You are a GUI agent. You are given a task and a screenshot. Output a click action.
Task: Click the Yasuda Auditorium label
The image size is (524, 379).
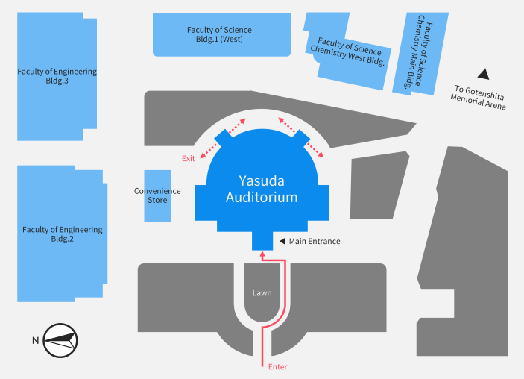(x=262, y=189)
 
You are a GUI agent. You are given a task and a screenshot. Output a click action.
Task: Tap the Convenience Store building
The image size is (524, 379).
(x=158, y=195)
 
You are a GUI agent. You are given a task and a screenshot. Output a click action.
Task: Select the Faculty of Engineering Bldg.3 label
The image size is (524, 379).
(x=57, y=76)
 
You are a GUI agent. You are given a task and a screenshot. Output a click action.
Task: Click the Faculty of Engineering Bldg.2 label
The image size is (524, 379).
(x=63, y=234)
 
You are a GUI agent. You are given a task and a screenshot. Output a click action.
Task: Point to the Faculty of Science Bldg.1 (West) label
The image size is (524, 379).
(x=219, y=34)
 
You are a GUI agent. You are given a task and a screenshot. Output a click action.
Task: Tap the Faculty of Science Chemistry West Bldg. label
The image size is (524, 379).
(x=347, y=51)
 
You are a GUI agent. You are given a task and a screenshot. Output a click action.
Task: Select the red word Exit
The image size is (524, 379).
(x=188, y=159)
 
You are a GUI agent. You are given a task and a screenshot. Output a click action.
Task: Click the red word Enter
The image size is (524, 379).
(x=278, y=367)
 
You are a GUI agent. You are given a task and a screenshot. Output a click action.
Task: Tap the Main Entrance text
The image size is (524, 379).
(x=315, y=241)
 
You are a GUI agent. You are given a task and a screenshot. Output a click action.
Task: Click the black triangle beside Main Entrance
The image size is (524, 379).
(x=282, y=241)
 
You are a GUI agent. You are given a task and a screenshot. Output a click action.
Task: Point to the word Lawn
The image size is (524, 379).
(x=262, y=293)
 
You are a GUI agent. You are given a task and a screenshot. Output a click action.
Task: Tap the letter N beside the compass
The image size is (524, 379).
(x=36, y=340)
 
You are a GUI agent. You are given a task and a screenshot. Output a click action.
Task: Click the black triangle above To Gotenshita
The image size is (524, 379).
(x=484, y=74)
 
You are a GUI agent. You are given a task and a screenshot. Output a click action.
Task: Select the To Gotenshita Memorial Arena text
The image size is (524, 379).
(x=478, y=97)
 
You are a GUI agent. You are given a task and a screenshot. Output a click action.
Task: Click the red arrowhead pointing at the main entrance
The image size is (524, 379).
(x=262, y=254)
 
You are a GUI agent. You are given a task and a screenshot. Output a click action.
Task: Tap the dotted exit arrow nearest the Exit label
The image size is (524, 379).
(x=209, y=151)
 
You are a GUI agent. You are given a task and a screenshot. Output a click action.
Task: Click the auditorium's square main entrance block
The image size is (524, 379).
(x=262, y=241)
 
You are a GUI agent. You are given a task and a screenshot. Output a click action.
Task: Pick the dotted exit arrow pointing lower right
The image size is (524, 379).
(x=315, y=150)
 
